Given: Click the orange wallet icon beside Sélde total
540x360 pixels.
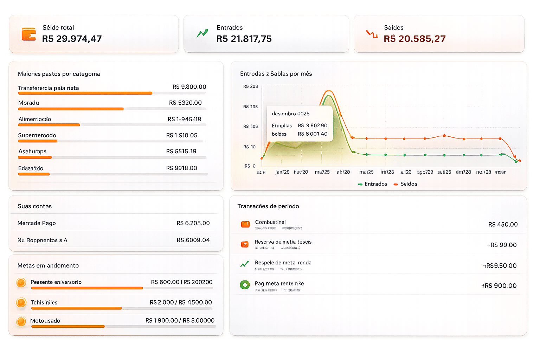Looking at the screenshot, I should pos(28,34).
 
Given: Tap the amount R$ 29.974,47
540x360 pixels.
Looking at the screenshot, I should pos(72,39).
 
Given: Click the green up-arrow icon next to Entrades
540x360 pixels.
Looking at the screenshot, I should pos(202,33).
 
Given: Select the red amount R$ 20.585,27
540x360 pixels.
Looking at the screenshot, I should pos(414,39).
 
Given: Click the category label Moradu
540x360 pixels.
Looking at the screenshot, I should pos(28,103).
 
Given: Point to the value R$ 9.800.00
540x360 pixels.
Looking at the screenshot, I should pos(189,87).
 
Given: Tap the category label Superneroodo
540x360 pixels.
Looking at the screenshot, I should pos(37,135).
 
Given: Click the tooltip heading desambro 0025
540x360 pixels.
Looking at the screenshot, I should pos(290,114).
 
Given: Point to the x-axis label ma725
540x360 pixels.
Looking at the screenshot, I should pos(322,172).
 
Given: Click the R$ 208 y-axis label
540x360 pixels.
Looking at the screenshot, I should pos(251,86).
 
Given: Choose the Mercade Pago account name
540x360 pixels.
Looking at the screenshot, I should pos(37,223).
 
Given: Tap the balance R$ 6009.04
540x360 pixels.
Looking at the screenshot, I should pos(193,240).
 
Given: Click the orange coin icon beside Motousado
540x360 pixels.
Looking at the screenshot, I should pos(21,321).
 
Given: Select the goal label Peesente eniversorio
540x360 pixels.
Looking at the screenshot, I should pos(56,282).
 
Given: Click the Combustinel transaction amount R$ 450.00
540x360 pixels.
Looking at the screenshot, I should pos(503,224).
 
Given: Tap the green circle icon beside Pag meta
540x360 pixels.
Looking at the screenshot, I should pos(245,285).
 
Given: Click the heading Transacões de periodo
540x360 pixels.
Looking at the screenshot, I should pos(268,206).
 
